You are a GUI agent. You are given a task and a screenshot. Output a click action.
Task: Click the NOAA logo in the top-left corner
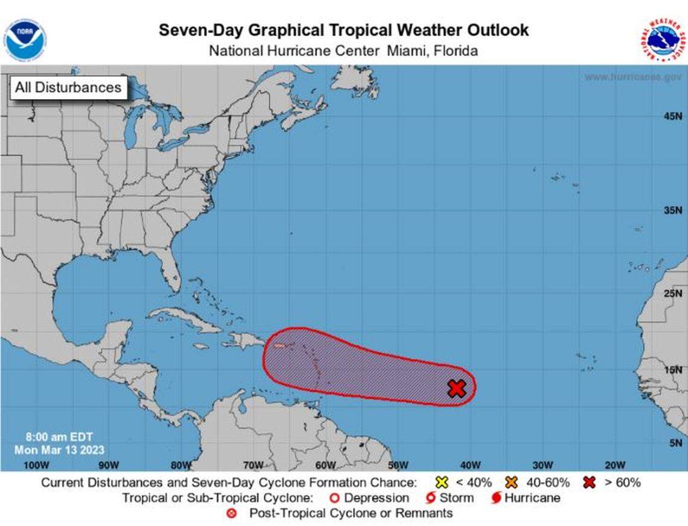point(25,39)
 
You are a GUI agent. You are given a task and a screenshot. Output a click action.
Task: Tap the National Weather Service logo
point(662,39)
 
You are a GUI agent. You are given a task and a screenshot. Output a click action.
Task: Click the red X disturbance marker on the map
point(457,388)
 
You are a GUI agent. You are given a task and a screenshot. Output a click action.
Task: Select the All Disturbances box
point(68,88)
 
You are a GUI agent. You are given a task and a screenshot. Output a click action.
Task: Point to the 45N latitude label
point(672,116)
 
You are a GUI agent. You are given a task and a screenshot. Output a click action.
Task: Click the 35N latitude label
point(672,211)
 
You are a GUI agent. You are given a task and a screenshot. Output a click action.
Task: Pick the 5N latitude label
point(674,443)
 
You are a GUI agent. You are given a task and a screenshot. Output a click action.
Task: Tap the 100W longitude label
point(35,465)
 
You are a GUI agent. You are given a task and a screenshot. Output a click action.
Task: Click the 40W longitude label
point(470,465)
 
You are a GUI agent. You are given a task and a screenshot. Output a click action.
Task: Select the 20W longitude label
point(614,465)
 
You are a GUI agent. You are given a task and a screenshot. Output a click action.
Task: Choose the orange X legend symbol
point(512,483)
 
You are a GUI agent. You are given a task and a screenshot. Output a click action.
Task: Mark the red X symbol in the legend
point(590,483)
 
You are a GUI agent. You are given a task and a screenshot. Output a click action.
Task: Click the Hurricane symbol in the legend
point(496,498)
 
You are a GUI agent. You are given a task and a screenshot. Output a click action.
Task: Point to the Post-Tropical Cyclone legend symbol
point(231,514)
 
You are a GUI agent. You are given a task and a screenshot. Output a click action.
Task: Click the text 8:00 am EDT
point(60,437)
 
